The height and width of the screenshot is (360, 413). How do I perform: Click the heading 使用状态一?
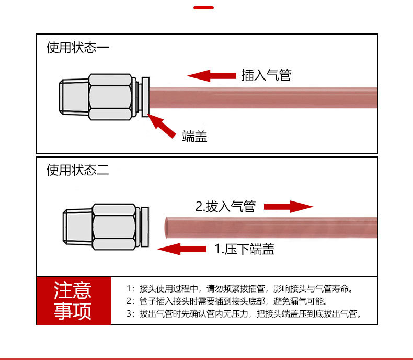77,48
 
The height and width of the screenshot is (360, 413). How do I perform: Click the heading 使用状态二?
77,170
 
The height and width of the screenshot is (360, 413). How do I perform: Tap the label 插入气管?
266,75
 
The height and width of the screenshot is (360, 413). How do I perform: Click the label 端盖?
194,137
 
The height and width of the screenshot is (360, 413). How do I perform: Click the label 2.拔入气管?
225,206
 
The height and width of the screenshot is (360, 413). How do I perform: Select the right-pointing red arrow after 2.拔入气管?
288,206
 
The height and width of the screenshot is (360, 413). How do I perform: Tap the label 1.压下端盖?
245,249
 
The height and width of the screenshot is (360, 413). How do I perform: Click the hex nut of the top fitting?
110,98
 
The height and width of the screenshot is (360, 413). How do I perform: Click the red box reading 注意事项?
73,301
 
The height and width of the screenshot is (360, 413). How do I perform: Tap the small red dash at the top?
204,8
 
